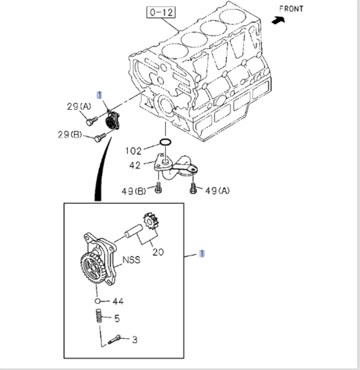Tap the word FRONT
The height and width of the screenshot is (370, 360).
click(291, 8)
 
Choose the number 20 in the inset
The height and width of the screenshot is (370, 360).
click(158, 252)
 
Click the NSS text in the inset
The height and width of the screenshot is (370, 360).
click(132, 260)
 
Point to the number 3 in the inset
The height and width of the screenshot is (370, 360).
click(134, 340)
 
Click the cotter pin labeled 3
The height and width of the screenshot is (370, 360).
click(114, 340)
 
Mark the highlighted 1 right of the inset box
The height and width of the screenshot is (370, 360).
click(202, 253)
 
